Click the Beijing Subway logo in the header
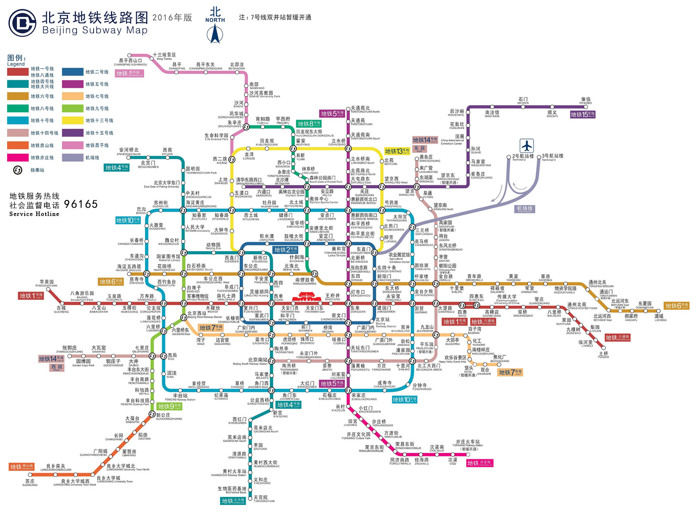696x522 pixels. click(22, 23)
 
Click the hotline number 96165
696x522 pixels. click(81, 204)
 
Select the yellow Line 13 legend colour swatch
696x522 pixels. click(73, 121)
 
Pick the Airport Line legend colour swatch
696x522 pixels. click(73, 157)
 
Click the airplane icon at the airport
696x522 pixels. click(527, 146)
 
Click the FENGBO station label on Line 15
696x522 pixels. click(586, 101)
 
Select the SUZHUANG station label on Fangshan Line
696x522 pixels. click(30, 483)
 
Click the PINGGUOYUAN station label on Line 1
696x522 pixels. click(46, 283)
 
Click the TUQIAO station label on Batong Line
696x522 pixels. click(603, 355)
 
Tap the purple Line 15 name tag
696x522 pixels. click(583, 114)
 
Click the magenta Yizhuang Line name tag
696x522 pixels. click(480, 463)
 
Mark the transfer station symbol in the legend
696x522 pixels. click(18, 170)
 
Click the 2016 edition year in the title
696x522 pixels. click(172, 18)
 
